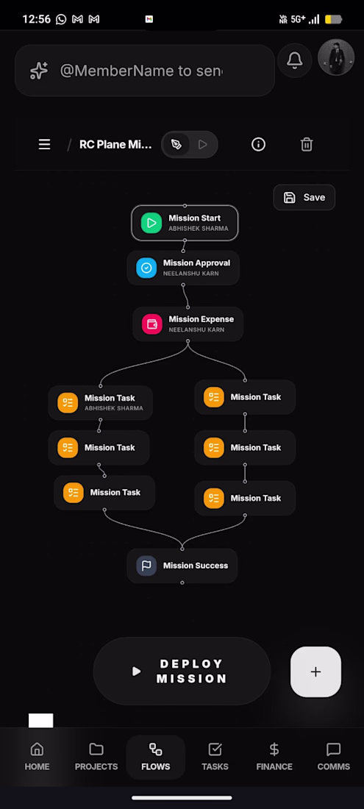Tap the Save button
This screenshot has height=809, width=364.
click(x=304, y=197)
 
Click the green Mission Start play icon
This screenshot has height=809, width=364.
click(x=151, y=223)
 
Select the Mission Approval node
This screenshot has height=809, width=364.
click(x=183, y=268)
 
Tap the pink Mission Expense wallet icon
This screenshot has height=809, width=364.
click(x=151, y=324)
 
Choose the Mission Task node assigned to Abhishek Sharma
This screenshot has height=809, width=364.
click(x=101, y=402)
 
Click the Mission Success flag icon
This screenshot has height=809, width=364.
click(x=146, y=566)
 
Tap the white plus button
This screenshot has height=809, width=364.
click(x=315, y=671)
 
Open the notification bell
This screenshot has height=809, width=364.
click(x=294, y=60)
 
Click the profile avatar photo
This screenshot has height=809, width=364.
click(x=336, y=57)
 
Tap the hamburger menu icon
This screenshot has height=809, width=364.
click(x=44, y=144)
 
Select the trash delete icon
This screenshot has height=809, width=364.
click(x=307, y=144)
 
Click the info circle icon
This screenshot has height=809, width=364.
click(x=258, y=144)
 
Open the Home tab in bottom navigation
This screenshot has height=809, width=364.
click(x=37, y=756)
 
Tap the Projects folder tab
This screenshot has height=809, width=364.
click(x=96, y=756)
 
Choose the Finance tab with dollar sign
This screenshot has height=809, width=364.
click(x=274, y=756)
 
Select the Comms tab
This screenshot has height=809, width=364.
click(x=334, y=756)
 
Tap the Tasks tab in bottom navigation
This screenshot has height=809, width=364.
click(x=215, y=756)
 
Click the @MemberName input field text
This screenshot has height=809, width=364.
click(x=141, y=71)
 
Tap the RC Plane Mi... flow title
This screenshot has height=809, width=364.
click(x=115, y=144)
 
